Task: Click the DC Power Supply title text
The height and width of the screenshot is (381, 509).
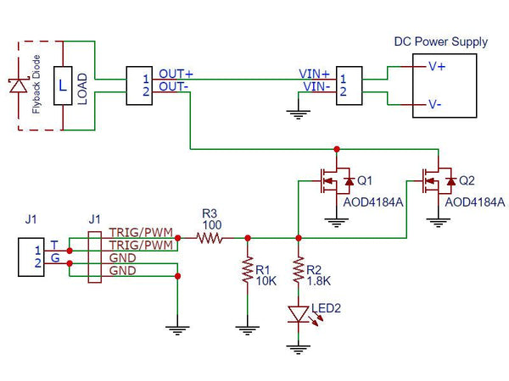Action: coord(441,41)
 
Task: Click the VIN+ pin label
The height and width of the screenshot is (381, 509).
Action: coord(314,75)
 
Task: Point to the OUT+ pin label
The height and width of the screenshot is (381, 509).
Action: coord(176,74)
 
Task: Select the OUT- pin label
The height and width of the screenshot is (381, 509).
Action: coord(174,86)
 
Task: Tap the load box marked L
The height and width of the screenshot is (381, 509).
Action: coord(63,86)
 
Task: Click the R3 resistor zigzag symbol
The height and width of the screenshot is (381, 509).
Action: coord(210,239)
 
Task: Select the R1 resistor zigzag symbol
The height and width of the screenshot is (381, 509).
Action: coord(246,271)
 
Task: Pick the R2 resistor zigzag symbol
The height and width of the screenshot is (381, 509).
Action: coord(298,270)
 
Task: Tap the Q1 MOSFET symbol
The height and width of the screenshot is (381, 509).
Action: coord(333,179)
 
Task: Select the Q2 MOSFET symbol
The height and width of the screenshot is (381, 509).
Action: coord(438,179)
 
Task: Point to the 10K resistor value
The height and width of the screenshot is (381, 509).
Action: coord(266,280)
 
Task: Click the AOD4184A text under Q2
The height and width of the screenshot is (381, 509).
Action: coord(475,202)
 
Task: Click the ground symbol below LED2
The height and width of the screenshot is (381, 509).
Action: coord(298,346)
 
